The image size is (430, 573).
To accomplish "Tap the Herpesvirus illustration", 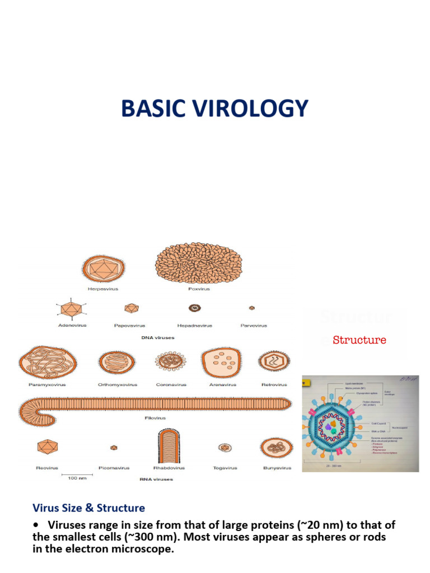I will pyautogui.click(x=103, y=269).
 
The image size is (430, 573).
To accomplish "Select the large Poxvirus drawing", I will pyautogui.click(x=198, y=263).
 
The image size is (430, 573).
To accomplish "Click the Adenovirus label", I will pyautogui.click(x=73, y=326).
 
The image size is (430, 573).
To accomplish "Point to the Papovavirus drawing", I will pyautogui.click(x=131, y=308).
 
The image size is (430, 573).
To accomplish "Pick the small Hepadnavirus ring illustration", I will pyautogui.click(x=195, y=308).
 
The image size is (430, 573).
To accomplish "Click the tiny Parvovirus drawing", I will pyautogui.click(x=252, y=308).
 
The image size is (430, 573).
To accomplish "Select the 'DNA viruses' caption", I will pyautogui.click(x=157, y=338).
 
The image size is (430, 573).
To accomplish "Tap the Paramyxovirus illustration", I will pyautogui.click(x=41, y=363).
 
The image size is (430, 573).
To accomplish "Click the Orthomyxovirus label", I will pyautogui.click(x=117, y=385).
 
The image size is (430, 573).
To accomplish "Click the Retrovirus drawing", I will pyautogui.click(x=274, y=361).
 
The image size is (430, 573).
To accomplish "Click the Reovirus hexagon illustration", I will pyautogui.click(x=47, y=447).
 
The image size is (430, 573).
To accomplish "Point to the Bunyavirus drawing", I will pyautogui.click(x=277, y=448).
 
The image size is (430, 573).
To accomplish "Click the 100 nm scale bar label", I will pyautogui.click(x=76, y=479).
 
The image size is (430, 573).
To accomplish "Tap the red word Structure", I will pyautogui.click(x=359, y=340).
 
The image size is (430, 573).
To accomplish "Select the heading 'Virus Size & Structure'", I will pyautogui.click(x=88, y=508).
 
